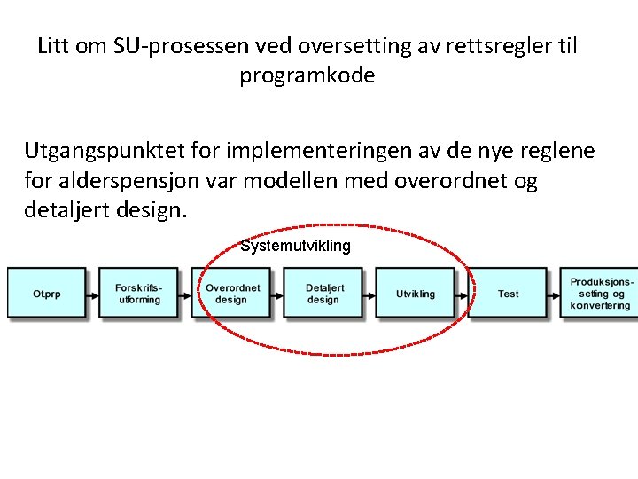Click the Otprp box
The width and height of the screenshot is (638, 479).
point(47,294)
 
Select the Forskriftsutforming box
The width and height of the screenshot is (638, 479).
point(139,294)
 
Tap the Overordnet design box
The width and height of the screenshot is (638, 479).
point(232,294)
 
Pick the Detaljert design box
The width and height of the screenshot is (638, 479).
point(324,294)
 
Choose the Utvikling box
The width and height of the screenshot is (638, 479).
point(416,294)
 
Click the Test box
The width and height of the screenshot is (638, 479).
point(508,294)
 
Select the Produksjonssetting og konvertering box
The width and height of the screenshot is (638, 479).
point(600,294)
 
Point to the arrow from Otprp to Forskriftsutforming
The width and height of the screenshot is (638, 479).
point(93,294)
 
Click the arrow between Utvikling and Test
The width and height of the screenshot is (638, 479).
point(462,294)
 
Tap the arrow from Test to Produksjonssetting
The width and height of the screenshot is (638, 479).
point(553,294)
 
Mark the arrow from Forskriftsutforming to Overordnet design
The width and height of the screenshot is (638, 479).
point(185,294)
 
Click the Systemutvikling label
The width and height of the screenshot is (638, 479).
point(295,246)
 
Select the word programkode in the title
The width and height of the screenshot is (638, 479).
point(307,75)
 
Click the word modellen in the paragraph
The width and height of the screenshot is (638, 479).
point(294,182)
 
